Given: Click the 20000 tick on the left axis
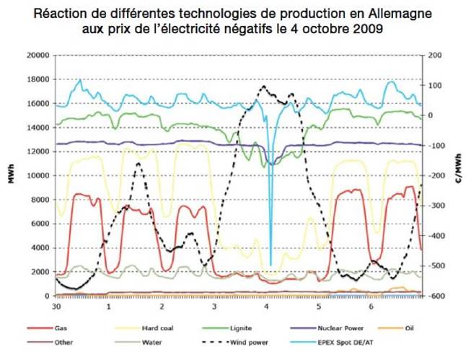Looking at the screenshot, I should pos(36,56).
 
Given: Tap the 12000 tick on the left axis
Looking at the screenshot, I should pos(36,152).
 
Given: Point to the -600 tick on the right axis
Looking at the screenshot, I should pos(437,296).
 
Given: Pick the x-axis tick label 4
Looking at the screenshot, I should pos(267,306).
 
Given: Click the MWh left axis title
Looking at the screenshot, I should pos(12,177).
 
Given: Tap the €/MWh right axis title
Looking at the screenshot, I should pos(459,177).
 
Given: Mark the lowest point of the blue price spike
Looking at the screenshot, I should pos(270,265).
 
